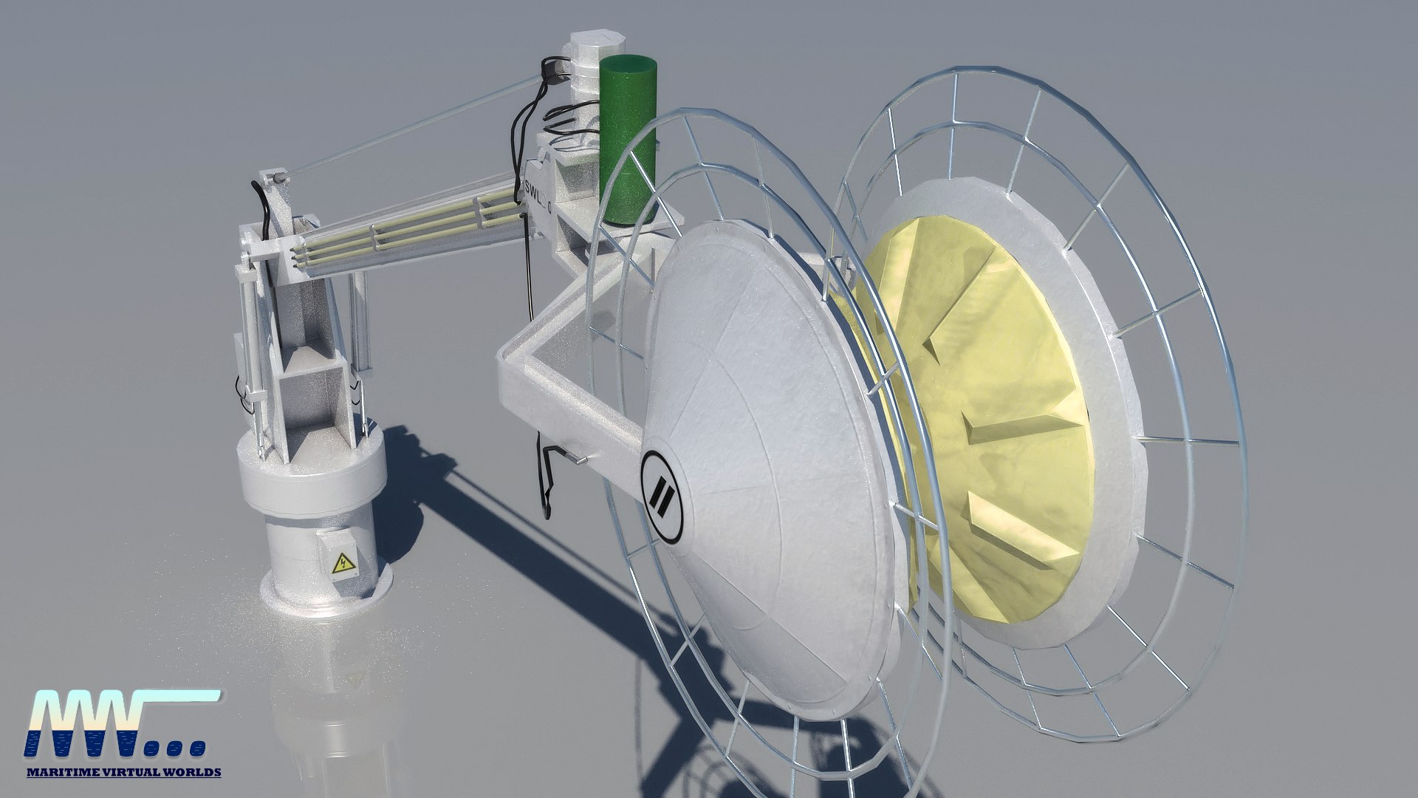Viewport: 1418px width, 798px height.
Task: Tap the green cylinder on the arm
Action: (628, 140)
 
